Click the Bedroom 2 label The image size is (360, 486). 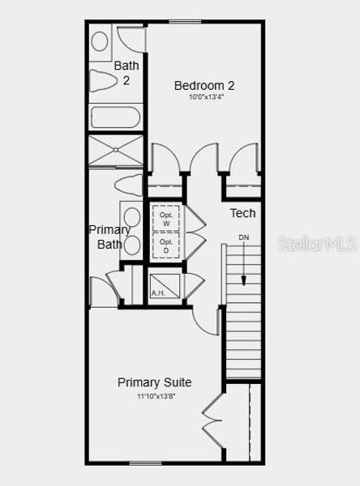tap(205, 84)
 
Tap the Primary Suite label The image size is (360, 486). tap(154, 382)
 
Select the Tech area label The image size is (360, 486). tap(242, 213)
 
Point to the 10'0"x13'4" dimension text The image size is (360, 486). tap(205, 98)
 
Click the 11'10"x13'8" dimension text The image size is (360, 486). tap(154, 396)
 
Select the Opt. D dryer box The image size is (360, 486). tap(165, 245)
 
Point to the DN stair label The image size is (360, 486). tap(243, 237)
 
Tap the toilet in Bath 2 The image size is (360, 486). tap(104, 81)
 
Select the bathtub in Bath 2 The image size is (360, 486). tap(114, 117)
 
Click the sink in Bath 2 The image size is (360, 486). tap(100, 41)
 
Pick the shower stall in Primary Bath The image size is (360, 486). tap(114, 151)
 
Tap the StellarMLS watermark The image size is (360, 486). tap(317, 243)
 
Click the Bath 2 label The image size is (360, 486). tap(126, 72)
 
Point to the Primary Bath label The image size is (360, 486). tap(109, 237)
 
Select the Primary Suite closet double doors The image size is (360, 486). tap(212, 422)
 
